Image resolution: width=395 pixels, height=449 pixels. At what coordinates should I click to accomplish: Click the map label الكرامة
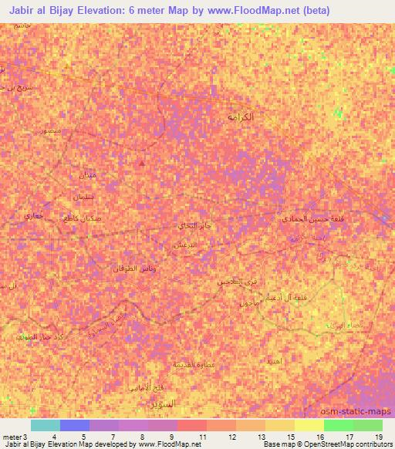tap(244, 116)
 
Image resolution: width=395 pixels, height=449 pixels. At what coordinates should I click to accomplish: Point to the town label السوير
tap(164, 403)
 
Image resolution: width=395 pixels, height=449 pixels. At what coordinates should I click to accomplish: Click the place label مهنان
tap(86, 176)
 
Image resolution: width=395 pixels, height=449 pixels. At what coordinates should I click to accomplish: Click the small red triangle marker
tap(140, 164)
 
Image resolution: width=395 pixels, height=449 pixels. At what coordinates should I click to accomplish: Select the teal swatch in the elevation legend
tap(46, 425)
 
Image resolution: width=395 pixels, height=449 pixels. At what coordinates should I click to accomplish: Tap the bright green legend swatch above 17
tap(339, 425)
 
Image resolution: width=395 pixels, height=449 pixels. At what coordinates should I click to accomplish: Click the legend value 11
tap(201, 436)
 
